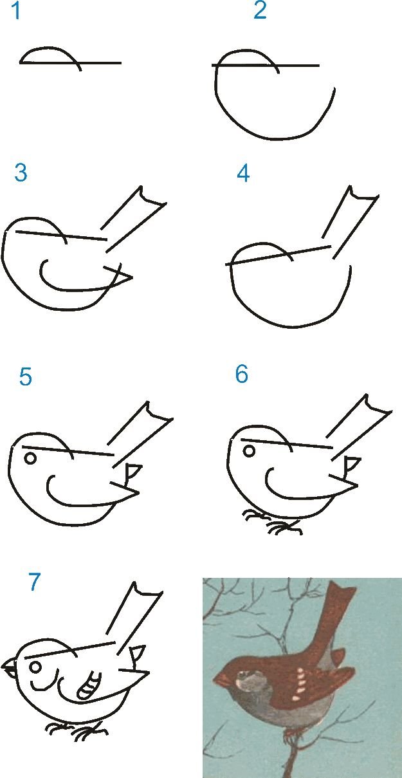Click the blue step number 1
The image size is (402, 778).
[16, 10]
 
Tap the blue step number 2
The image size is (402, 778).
[260, 10]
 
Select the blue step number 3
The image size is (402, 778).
[21, 172]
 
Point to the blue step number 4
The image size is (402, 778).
[243, 173]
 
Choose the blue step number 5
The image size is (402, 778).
[25, 376]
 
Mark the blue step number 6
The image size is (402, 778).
[242, 374]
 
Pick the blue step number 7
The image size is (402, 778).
[34, 582]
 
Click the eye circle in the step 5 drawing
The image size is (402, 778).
[30, 458]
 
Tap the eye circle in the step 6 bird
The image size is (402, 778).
[249, 451]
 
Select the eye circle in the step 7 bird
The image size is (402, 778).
[36, 667]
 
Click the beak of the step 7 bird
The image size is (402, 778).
[10, 667]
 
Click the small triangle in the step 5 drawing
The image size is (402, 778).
[133, 470]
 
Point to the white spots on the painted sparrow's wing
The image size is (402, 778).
[299, 682]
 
